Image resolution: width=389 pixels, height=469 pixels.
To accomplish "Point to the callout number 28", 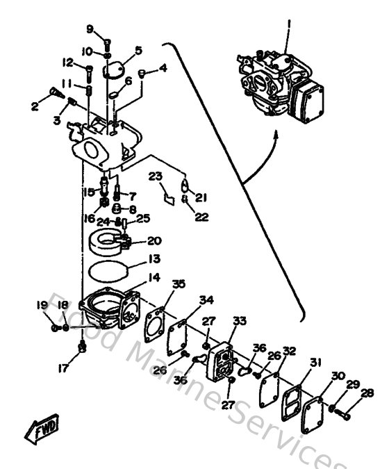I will click(x=367, y=393).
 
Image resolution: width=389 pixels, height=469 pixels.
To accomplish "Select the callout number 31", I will click(x=316, y=362).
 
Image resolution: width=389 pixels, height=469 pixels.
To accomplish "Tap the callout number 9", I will click(x=90, y=28).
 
